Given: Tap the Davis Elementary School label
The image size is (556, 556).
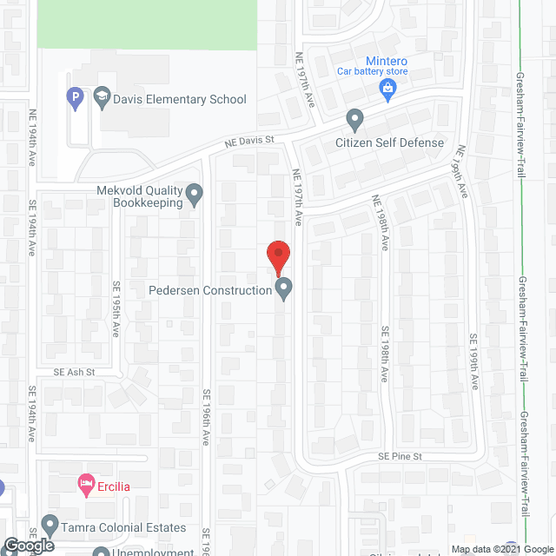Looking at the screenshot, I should [180, 100].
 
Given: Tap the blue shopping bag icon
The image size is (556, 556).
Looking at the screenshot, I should [388, 87].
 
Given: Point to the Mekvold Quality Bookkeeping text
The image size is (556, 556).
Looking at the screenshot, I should [140, 197].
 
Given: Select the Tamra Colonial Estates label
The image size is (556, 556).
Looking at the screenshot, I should [125, 527].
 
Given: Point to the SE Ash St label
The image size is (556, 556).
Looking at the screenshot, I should [73, 371].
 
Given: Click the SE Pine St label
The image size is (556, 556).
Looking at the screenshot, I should [399, 456].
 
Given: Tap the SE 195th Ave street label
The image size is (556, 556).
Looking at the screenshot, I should [116, 309].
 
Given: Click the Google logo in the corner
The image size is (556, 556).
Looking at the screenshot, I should [28, 546].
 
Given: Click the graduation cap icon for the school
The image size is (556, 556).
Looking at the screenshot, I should [102, 95].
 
